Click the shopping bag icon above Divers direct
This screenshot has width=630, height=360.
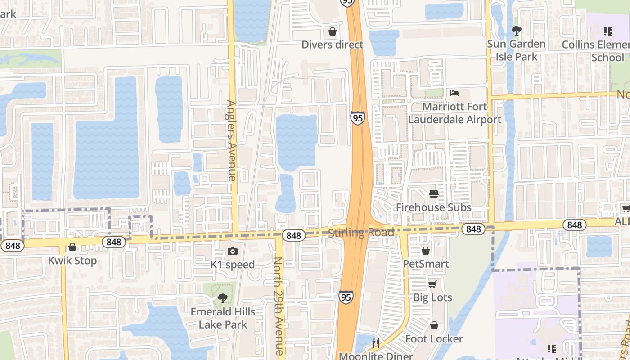click(333, 31)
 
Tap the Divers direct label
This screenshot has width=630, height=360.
click(333, 45)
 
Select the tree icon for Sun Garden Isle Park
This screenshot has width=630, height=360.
click(516, 31)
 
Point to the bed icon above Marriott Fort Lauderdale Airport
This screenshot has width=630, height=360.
click(454, 93)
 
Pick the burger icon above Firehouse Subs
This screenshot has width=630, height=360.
click(434, 194)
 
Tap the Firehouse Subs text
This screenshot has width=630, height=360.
click(434, 207)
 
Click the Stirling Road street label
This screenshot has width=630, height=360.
click(361, 232)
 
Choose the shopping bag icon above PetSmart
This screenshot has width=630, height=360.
click(426, 250)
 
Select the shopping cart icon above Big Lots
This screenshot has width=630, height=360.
click(432, 284)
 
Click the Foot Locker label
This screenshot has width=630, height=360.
click(434, 338)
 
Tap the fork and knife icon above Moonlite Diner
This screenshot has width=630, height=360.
click(376, 343)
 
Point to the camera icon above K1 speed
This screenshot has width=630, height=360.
click(233, 251)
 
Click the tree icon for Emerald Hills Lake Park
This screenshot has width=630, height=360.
click(222, 298)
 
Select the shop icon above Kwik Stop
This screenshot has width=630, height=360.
click(72, 247)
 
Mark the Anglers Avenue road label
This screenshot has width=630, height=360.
click(231, 140)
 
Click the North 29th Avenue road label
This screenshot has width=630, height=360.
click(279, 306)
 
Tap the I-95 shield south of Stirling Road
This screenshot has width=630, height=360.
click(346, 297)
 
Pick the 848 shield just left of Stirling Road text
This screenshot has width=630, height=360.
click(293, 235)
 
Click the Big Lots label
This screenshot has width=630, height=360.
click(432, 297)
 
